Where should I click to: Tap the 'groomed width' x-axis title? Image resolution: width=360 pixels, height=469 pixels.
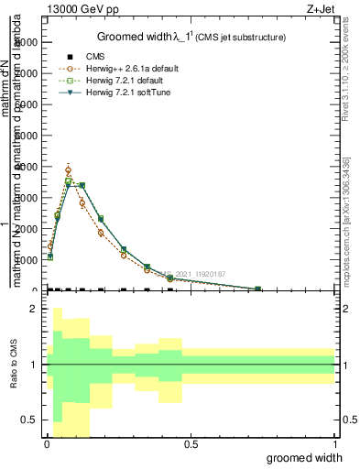tap(311, 457)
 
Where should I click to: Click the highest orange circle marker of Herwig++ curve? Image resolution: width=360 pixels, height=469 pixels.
tap(69, 170)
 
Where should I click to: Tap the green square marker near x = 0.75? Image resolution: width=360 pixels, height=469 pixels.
tap(258, 289)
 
